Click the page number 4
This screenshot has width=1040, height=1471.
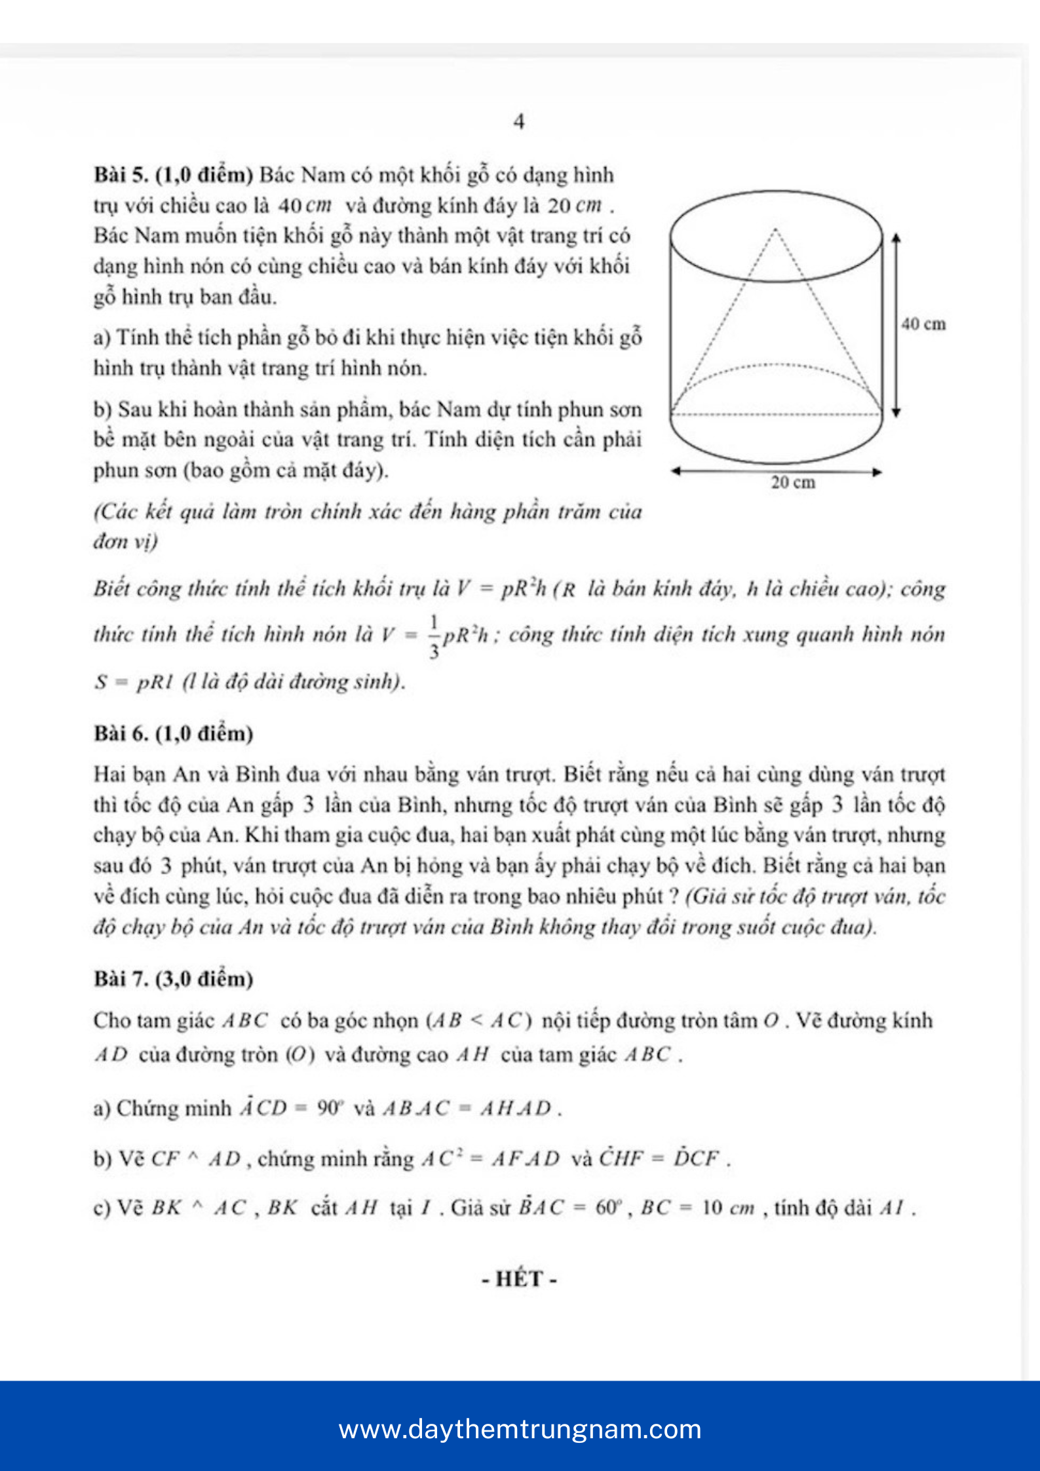coord(519,122)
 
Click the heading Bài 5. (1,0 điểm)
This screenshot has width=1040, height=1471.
coord(174,175)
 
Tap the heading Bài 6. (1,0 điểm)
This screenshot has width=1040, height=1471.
coord(174,733)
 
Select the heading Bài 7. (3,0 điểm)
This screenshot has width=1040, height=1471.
coord(174,979)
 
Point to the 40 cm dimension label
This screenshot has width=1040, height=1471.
coord(923,324)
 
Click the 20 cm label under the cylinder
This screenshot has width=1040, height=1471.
coord(793,483)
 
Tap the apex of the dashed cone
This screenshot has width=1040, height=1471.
coord(776,229)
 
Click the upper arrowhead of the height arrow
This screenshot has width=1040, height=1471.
coord(896,237)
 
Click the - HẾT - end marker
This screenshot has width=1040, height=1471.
coord(519,1278)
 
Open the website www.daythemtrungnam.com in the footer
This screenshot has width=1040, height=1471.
coord(520,1429)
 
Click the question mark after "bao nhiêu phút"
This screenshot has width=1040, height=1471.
coord(674,896)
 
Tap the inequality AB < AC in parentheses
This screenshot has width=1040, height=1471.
coord(479,1021)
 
